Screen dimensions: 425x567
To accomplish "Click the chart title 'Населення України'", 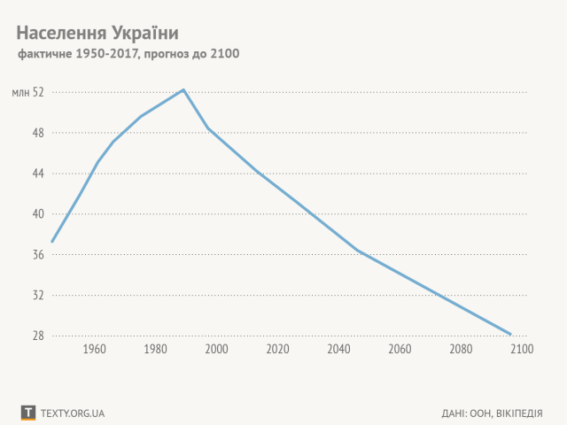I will click(97, 33).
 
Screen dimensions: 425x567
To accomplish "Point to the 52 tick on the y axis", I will click(38, 92).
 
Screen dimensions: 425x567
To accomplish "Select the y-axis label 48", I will click(38, 133).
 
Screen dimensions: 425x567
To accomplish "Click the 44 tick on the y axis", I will click(38, 174).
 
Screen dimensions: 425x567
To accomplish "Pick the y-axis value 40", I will click(38, 214).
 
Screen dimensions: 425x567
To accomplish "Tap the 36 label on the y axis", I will click(38, 255).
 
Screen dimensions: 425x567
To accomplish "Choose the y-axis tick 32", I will click(38, 296).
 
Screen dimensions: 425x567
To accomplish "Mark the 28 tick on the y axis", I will click(38, 336).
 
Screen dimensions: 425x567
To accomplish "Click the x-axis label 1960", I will click(95, 350).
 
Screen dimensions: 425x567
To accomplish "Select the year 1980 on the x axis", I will click(156, 350).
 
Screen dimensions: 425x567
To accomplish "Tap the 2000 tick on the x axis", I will click(217, 350).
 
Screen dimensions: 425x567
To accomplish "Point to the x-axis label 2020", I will click(277, 350).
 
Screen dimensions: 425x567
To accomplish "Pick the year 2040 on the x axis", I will click(338, 350).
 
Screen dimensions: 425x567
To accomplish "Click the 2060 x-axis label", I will click(400, 350).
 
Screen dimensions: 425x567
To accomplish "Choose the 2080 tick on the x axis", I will click(461, 350).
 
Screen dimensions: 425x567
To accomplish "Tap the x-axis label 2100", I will click(521, 350).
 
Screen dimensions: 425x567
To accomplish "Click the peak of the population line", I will click(183, 89).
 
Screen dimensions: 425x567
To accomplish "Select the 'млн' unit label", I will click(19, 92).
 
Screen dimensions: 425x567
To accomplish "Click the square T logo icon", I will click(28, 413).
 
